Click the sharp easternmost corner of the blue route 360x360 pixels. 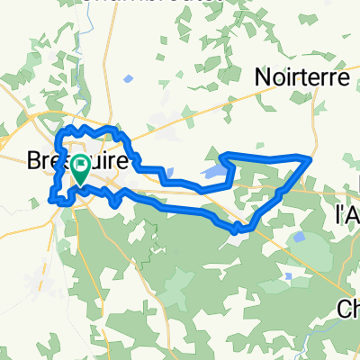[x=310, y=158]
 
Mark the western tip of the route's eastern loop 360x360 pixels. [x=220, y=155]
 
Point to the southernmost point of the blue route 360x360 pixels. [x=236, y=231]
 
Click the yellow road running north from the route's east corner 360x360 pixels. [x=315, y=117]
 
